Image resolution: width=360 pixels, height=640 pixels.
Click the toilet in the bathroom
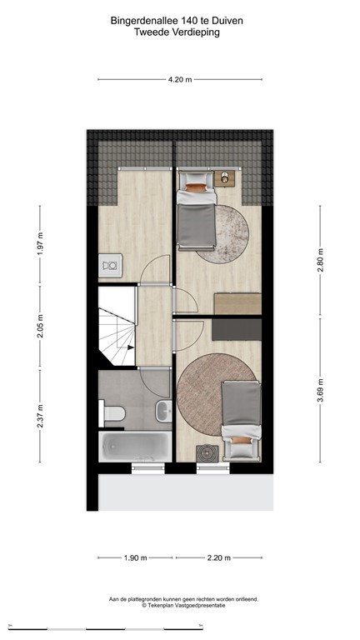pos(114,412)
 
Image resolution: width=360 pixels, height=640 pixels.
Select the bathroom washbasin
pos(163,410)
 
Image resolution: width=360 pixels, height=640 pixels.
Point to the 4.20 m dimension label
pos(180,79)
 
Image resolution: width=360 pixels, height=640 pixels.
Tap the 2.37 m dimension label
pos(39,413)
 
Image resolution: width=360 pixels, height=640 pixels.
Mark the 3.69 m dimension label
pos(320,387)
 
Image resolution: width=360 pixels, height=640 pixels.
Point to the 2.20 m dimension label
pos(218,557)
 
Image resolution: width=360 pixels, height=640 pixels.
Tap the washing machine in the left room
pos(110,266)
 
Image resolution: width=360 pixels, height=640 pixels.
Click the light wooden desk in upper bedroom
pos(238,303)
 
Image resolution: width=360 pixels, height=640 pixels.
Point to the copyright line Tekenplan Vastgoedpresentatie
pos(182,607)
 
